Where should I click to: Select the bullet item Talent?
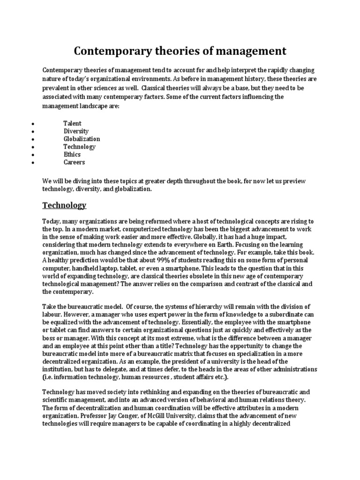coord(72,124)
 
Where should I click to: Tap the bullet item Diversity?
coord(76,131)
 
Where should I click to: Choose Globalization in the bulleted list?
coord(82,139)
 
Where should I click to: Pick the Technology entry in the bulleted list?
coord(79,147)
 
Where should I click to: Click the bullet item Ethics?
coord(72,154)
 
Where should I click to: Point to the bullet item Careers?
coord(74,162)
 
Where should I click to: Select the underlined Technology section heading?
coord(64,205)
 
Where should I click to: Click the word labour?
coord(52,314)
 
